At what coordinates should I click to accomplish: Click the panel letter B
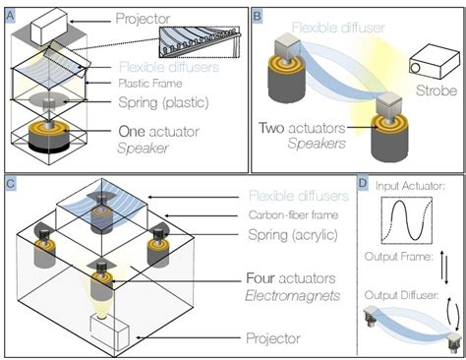pos(258,13)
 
